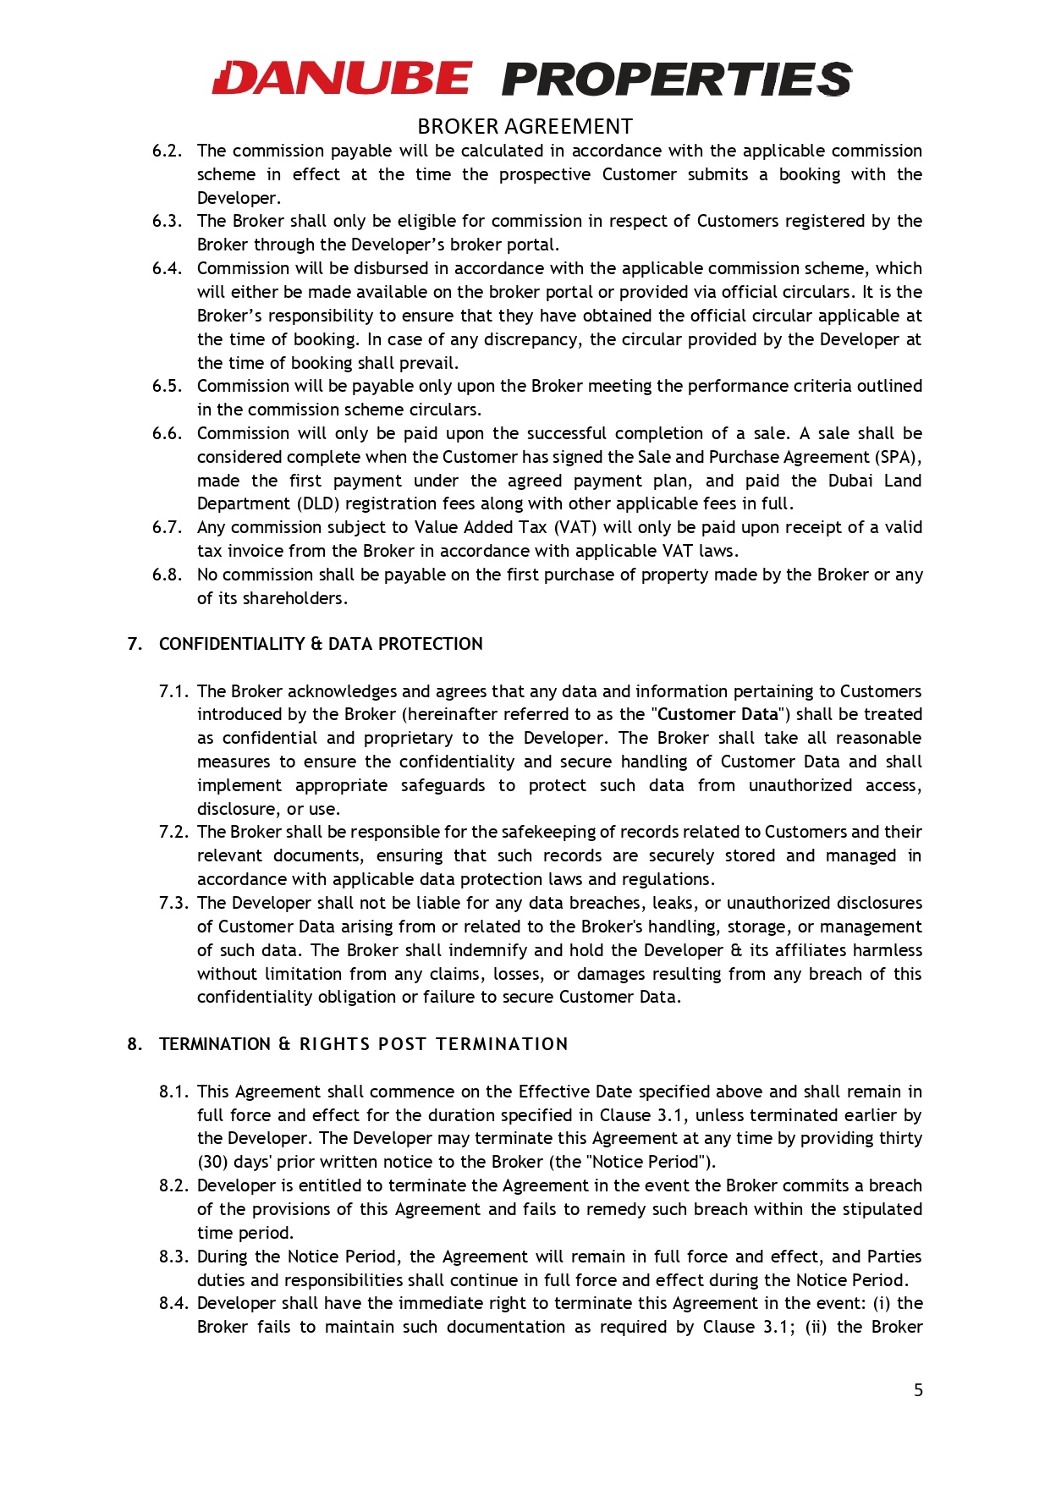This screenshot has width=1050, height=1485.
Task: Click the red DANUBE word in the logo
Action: [342, 79]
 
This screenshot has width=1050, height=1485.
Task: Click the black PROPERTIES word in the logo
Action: [677, 80]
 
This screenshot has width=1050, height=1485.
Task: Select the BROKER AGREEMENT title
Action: [525, 127]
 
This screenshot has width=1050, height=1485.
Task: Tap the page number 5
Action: [918, 1390]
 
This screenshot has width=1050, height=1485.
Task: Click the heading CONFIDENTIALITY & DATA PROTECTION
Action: [321, 644]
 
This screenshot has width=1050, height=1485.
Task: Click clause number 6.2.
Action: [167, 151]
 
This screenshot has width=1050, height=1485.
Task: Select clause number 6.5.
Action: [167, 386]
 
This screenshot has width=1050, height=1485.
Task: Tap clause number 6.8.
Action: [167, 575]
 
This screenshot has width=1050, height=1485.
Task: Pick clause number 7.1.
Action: [173, 691]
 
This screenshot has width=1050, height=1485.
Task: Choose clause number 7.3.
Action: [173, 903]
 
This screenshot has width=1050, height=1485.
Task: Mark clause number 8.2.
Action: [173, 1185]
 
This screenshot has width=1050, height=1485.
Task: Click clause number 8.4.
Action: [173, 1303]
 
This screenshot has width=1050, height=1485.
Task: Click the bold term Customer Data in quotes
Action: [717, 714]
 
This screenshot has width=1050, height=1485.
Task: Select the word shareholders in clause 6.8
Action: [293, 598]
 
